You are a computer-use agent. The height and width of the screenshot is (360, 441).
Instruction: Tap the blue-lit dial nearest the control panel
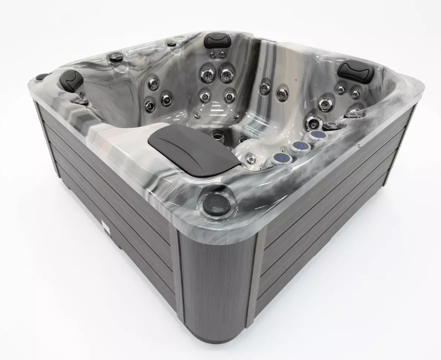[x=279, y=158]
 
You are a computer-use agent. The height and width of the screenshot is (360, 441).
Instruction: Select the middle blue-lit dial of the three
[x=298, y=146]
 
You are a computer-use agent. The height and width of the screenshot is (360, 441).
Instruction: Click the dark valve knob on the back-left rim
[x=115, y=56]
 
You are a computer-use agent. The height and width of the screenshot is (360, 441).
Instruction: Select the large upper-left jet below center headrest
[x=206, y=74]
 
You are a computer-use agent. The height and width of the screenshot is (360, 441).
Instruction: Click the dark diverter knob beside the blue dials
[x=332, y=126]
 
